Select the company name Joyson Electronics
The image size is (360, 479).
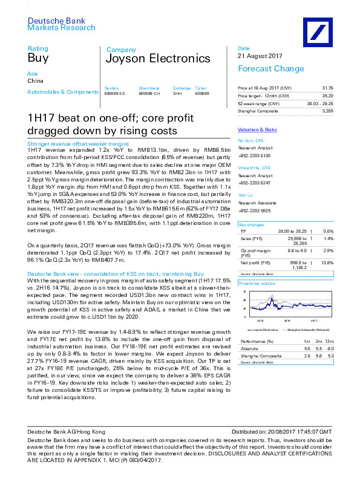coord(157,59)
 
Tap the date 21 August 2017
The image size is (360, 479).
coord(261,56)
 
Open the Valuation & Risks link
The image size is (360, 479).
coord(257,130)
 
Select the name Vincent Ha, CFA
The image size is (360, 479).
coord(254,166)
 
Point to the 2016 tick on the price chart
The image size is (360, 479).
coord(287,320)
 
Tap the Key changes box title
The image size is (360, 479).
coord(251,224)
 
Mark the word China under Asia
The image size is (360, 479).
coord(35,80)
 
